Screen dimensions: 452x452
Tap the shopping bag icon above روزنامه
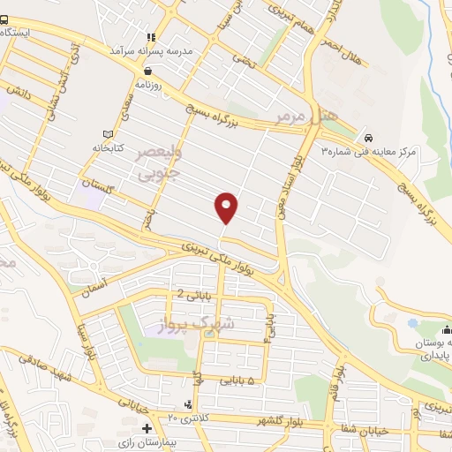coord(147,72)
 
